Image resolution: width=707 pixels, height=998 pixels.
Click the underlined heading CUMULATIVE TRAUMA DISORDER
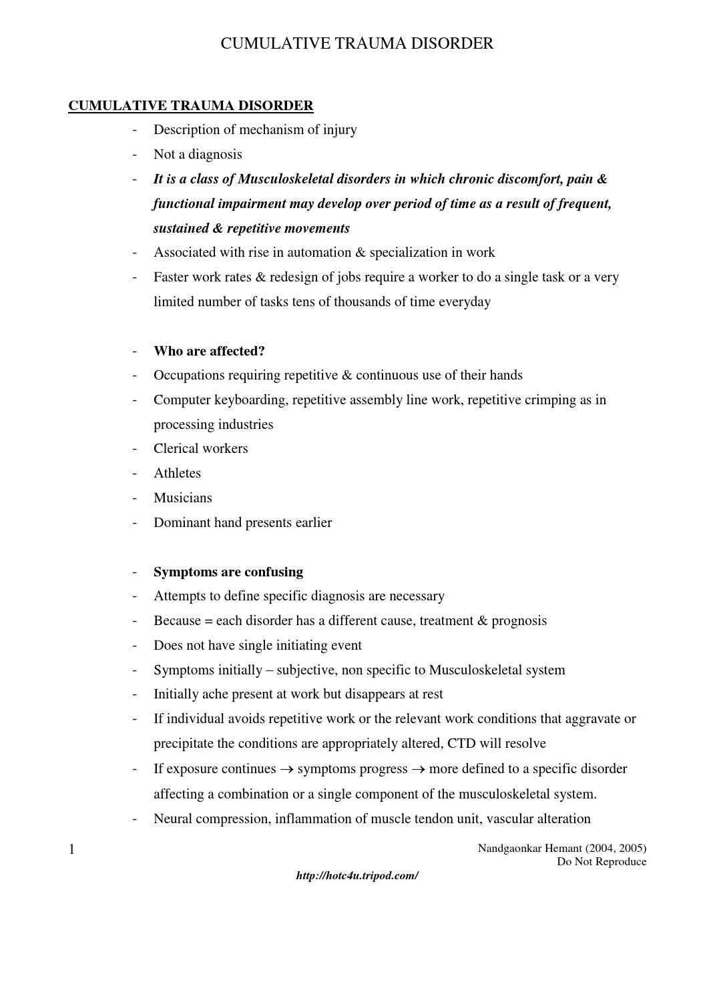pyautogui.click(x=190, y=105)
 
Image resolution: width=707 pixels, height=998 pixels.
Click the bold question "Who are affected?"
pyautogui.click(x=209, y=351)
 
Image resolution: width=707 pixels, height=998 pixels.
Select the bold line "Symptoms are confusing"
pyautogui.click(x=228, y=572)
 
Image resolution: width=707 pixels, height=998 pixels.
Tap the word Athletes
pyautogui.click(x=177, y=473)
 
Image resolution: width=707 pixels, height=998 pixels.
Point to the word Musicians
pyautogui.click(x=183, y=498)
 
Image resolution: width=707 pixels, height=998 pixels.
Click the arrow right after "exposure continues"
pyautogui.click(x=286, y=769)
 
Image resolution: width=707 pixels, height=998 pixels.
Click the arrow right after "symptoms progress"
pyautogui.click(x=418, y=769)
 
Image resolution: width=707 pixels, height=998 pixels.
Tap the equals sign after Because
pyautogui.click(x=208, y=621)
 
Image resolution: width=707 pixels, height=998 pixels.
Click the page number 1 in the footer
pyautogui.click(x=71, y=849)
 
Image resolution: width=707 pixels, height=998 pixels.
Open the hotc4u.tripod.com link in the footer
pyautogui.click(x=357, y=875)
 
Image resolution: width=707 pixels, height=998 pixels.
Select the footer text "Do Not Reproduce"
pyautogui.click(x=602, y=861)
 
